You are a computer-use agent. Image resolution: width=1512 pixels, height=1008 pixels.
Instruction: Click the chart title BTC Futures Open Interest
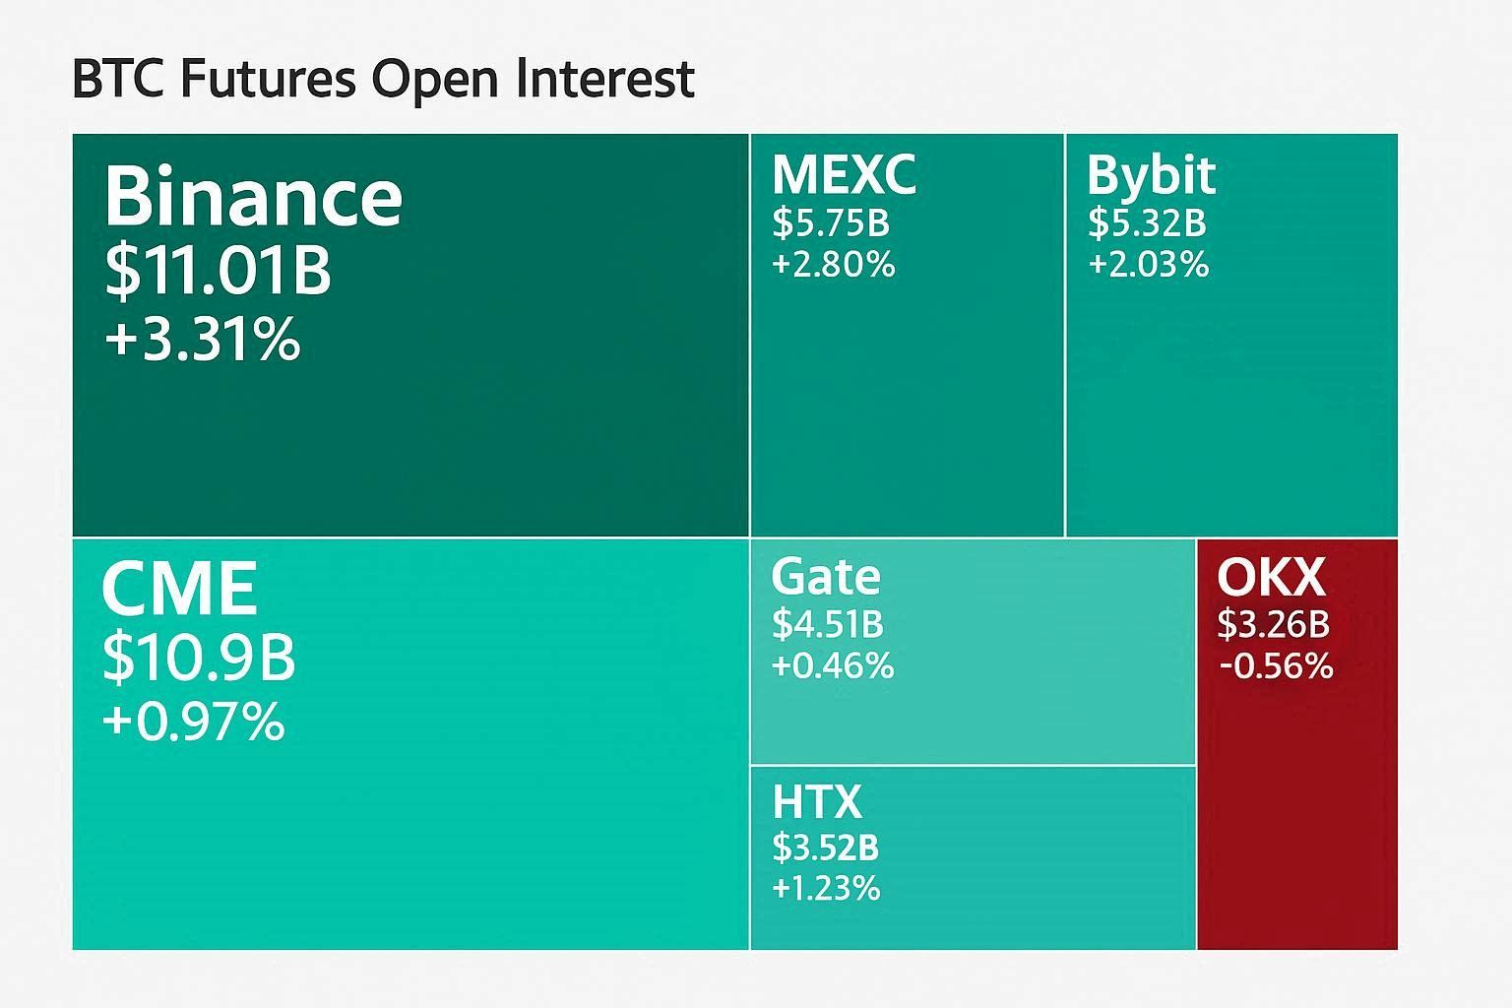tap(384, 80)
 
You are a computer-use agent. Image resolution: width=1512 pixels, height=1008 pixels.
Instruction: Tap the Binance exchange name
tap(253, 196)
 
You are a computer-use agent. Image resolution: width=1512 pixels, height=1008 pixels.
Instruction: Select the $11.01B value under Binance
tap(218, 271)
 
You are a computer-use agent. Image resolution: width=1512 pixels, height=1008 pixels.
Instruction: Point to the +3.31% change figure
tap(202, 340)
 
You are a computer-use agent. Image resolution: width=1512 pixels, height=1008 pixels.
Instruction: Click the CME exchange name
tap(179, 588)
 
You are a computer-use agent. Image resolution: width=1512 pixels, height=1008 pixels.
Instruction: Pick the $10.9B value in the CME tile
tap(199, 658)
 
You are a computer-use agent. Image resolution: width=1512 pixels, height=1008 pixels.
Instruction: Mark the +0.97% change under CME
tap(193, 722)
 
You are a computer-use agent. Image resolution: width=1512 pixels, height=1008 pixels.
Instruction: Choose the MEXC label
tap(844, 174)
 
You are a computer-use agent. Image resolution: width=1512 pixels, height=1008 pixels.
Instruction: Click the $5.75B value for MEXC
tap(831, 223)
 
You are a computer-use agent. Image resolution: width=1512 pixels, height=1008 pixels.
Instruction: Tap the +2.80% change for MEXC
tap(833, 265)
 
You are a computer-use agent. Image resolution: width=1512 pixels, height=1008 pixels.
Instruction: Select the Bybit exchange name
tap(1151, 175)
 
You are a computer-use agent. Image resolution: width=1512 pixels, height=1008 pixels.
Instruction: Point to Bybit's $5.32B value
tap(1147, 223)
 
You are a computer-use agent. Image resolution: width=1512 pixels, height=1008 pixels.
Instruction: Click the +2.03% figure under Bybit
tap(1148, 265)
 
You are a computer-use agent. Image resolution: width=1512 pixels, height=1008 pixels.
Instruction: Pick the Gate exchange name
tap(825, 576)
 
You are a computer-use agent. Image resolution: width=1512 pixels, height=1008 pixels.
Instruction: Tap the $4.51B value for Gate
tap(827, 624)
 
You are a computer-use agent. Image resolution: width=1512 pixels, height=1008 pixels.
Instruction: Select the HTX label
tap(816, 801)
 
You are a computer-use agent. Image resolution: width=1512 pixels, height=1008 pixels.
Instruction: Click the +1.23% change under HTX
tap(826, 889)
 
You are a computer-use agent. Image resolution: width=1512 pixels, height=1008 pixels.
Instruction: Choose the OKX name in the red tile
tap(1271, 577)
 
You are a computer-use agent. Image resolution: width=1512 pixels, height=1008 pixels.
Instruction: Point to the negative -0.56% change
tap(1276, 666)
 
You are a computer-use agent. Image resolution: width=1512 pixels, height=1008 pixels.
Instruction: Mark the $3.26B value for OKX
tap(1273, 624)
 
